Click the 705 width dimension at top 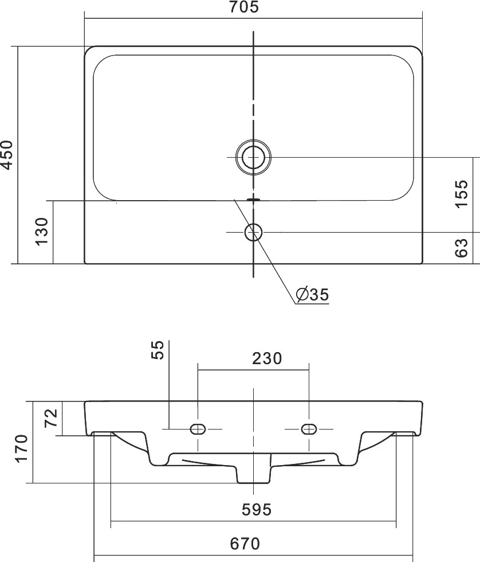pos(243,7)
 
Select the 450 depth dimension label pos(7,154)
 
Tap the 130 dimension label pos(42,232)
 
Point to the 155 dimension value pos(462,194)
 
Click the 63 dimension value pos(462,248)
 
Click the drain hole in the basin pos(253,157)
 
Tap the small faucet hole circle pos(253,232)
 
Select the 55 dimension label pos(158,350)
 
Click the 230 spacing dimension pos(267,358)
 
